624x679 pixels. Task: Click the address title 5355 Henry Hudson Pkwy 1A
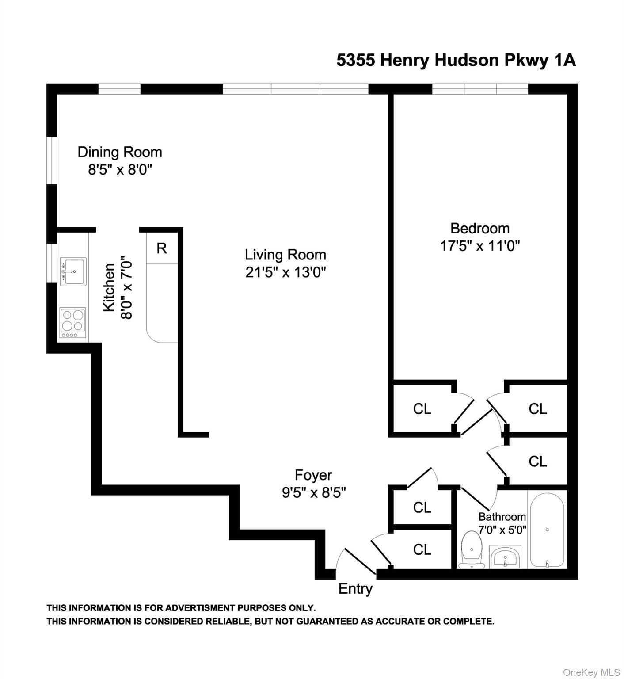(x=456, y=60)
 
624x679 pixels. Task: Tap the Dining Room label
(x=120, y=152)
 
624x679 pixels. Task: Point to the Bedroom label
(x=479, y=228)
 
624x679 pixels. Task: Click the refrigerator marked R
(x=162, y=248)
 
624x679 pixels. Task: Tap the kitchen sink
(x=73, y=272)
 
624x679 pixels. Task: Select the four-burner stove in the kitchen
(x=73, y=323)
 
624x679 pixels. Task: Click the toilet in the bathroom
(x=471, y=551)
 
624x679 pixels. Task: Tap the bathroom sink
(x=505, y=557)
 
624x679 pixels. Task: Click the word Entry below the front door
(x=355, y=589)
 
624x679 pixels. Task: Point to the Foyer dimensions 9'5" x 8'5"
(x=314, y=492)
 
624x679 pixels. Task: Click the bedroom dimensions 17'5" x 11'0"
(x=479, y=246)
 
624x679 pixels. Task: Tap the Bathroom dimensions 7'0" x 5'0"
(x=502, y=529)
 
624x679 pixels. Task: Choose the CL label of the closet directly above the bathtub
(x=537, y=462)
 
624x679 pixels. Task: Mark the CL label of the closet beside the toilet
(x=422, y=549)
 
